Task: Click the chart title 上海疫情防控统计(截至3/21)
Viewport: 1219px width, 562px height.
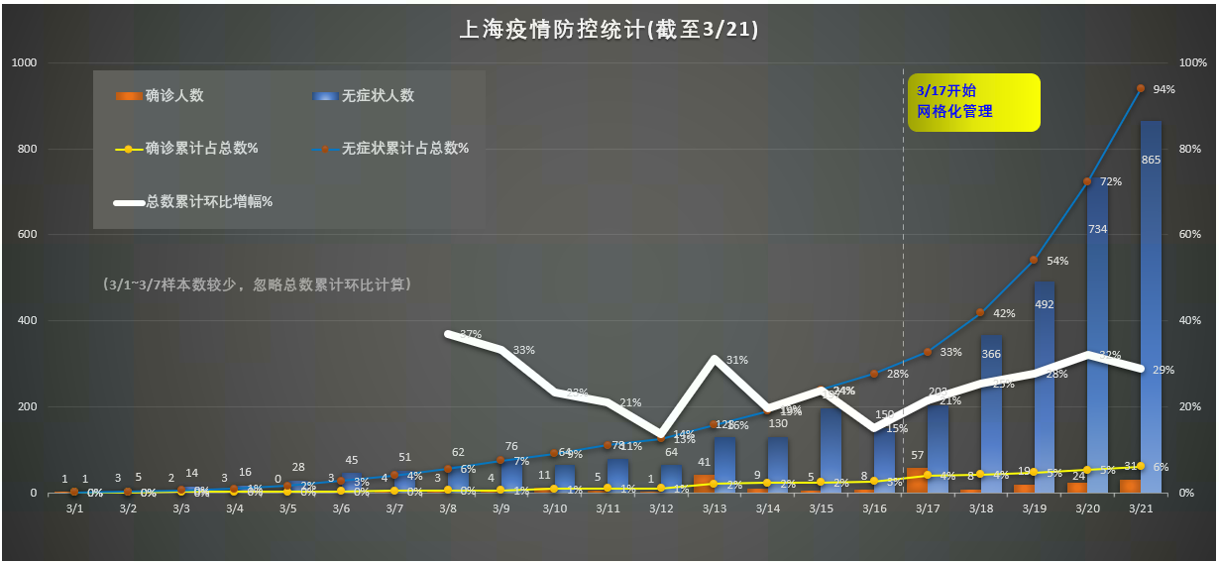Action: [609, 30]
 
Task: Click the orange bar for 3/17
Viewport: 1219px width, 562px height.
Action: [917, 480]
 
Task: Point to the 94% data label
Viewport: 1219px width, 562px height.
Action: [1164, 89]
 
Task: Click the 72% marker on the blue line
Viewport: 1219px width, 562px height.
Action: [1087, 181]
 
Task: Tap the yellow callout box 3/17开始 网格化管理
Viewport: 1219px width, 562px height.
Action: [973, 102]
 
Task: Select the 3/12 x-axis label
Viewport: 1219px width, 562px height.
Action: [661, 508]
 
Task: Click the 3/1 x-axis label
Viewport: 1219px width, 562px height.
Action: [74, 508]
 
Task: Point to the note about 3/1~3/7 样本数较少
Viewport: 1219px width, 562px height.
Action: [257, 284]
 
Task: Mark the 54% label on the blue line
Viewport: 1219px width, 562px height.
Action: [1057, 262]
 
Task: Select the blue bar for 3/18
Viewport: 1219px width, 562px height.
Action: [991, 416]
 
